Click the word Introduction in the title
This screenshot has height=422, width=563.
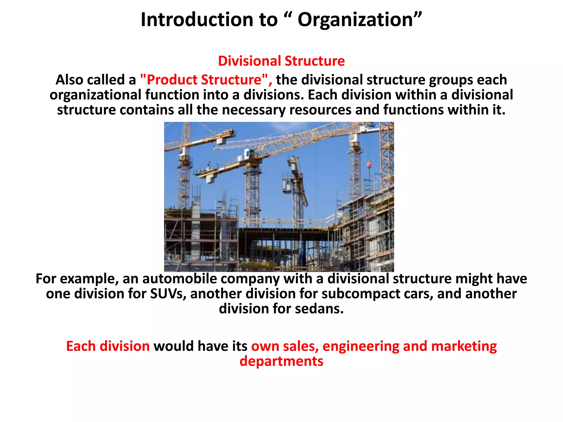197,20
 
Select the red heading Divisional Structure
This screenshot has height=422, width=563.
281,61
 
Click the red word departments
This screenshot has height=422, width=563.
281,361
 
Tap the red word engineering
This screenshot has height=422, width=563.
361,346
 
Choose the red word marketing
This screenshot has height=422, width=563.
464,346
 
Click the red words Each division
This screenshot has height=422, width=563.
108,346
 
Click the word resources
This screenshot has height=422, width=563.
320,110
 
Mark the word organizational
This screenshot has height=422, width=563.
95,95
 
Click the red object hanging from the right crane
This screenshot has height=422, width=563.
369,164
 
